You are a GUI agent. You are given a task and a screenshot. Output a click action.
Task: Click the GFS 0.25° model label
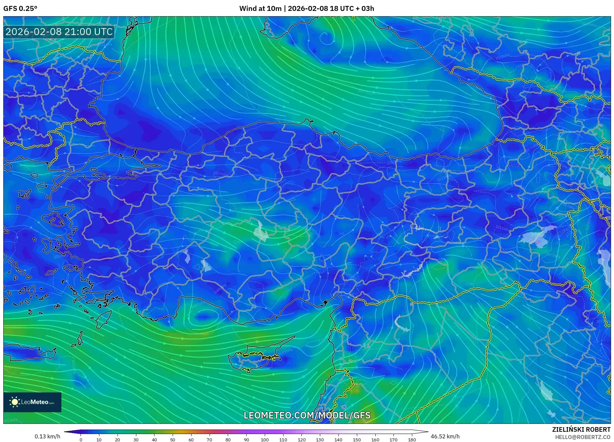20,9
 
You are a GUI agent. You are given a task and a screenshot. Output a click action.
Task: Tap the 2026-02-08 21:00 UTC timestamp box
59,32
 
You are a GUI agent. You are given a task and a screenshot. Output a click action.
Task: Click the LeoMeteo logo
32,402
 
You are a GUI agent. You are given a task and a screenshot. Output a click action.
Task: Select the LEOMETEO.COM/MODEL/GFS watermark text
307,415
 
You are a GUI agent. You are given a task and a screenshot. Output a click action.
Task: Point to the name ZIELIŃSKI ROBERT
581,429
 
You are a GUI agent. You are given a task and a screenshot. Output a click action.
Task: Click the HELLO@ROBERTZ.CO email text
583,437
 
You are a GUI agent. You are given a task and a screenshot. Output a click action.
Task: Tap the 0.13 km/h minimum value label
48,436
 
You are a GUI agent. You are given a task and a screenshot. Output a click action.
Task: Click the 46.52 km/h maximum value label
445,436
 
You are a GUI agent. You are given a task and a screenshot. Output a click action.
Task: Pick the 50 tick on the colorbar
173,440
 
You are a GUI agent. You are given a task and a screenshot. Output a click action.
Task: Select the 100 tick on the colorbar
265,440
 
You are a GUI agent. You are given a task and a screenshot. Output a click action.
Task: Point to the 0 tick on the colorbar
81,440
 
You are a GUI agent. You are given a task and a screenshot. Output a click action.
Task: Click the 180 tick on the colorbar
412,440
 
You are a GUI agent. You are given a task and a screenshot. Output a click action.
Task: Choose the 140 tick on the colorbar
338,440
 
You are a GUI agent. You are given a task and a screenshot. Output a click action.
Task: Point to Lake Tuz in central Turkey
261,232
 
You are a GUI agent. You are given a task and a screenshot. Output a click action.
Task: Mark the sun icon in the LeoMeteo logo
15,402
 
